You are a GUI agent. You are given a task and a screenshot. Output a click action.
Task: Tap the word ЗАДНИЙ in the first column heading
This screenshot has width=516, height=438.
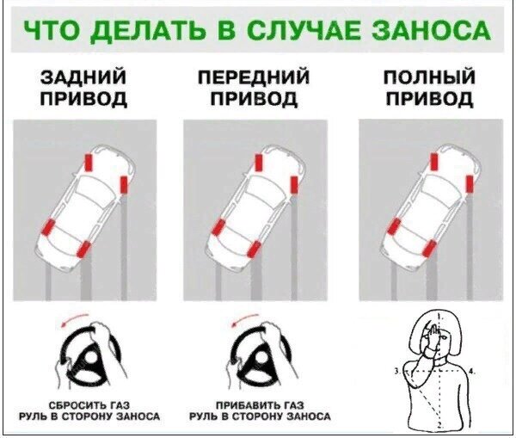84,79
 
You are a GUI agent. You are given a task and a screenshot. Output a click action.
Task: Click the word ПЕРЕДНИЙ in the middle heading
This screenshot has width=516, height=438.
255,79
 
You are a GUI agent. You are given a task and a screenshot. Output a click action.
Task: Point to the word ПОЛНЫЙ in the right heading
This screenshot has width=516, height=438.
428,79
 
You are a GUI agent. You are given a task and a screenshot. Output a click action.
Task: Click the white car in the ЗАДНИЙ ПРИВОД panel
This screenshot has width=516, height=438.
86,205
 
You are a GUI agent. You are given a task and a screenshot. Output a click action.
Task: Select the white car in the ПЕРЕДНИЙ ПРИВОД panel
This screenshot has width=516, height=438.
256,205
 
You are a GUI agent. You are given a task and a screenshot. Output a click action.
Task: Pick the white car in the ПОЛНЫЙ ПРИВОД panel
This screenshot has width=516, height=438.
430,205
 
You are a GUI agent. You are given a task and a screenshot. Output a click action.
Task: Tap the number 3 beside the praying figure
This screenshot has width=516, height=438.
395,369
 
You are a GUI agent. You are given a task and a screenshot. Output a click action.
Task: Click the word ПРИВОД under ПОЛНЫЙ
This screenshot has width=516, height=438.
428,99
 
